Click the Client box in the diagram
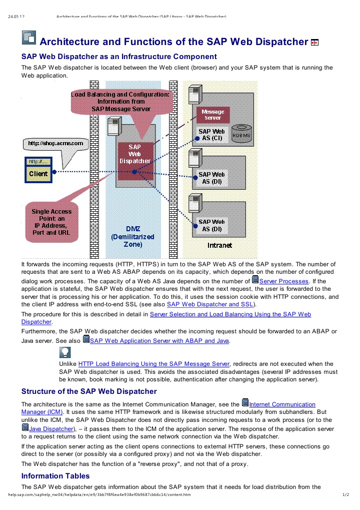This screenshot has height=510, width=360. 38,174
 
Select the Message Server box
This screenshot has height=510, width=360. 212,115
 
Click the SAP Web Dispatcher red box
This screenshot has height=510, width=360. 134,154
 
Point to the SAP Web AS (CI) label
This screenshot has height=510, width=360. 211,135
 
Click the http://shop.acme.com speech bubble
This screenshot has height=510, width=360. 55,144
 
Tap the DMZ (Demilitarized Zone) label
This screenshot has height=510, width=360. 132,237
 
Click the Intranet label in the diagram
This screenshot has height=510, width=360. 219,245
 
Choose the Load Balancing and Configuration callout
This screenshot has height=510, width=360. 120,101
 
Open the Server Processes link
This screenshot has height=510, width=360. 283,281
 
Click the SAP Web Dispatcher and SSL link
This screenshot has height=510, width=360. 210,304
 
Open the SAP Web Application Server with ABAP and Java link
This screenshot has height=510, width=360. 159,340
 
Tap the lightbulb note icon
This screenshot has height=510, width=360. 65,353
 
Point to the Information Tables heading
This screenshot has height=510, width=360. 55,475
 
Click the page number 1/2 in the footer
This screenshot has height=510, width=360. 344,495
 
